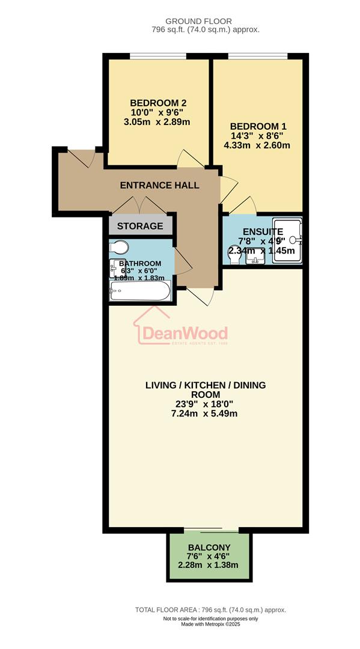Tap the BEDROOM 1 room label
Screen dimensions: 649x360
(258, 126)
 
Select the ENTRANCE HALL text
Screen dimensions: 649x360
(159, 186)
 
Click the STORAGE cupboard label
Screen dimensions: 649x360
(140, 226)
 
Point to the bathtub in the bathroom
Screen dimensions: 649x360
(140, 293)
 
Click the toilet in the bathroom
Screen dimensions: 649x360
(119, 248)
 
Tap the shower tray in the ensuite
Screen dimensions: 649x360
(287, 239)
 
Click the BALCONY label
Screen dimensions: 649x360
(209, 547)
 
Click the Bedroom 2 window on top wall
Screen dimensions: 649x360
(157, 57)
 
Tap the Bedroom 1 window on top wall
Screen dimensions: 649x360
(257, 57)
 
